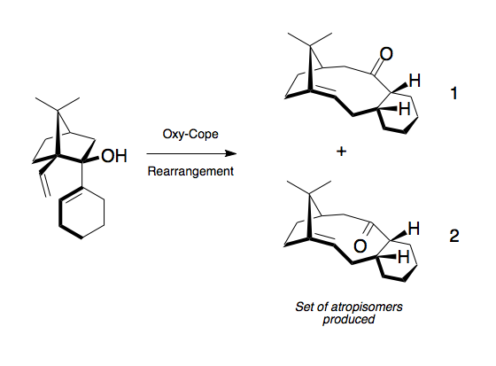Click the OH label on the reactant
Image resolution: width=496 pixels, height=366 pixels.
114,156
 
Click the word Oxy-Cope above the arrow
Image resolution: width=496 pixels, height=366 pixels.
190,134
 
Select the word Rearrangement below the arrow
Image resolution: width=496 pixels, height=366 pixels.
190,171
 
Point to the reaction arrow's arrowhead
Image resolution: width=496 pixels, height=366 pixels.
230,154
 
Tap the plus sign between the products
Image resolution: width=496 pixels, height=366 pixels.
341,152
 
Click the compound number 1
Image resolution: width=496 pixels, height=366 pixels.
453,93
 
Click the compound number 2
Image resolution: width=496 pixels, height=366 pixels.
454,236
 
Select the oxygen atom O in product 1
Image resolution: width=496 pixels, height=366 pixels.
386,54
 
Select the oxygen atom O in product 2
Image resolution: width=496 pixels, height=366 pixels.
360,246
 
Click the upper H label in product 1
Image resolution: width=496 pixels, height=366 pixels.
415,81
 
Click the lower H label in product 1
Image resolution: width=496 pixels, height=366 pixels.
405,109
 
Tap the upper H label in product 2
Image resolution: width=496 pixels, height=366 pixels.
415,229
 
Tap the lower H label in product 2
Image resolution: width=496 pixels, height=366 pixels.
404,257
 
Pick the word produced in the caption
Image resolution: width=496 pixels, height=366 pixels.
349,319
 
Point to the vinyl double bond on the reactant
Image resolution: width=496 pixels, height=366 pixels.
45,184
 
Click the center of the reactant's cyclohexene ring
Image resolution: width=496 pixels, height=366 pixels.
81,213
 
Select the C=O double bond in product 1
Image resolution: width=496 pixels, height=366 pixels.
378,67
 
